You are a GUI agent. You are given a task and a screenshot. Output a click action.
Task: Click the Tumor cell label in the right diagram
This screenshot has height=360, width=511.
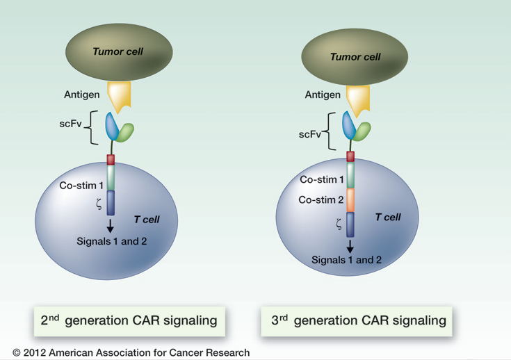(356, 58)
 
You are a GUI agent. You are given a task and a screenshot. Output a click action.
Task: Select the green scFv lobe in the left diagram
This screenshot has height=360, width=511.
(125, 133)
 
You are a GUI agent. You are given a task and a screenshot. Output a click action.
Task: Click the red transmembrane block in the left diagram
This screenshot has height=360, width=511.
(111, 159)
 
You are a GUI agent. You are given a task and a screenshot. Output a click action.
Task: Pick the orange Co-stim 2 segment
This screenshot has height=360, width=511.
(350, 199)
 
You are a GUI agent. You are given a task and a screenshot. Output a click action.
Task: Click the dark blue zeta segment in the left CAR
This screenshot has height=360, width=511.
(111, 202)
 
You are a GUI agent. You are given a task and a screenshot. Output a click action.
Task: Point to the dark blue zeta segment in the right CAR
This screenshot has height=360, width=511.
(350, 224)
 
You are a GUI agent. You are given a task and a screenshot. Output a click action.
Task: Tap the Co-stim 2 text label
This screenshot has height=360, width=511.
(321, 199)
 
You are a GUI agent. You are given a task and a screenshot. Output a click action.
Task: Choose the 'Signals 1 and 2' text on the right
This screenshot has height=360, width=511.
(346, 259)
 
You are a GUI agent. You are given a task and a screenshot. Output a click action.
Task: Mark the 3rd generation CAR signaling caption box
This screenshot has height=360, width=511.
(358, 320)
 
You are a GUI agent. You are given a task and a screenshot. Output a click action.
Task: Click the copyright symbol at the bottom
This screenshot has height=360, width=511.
(17, 353)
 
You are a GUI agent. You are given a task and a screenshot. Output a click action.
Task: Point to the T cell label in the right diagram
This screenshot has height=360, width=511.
(388, 218)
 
